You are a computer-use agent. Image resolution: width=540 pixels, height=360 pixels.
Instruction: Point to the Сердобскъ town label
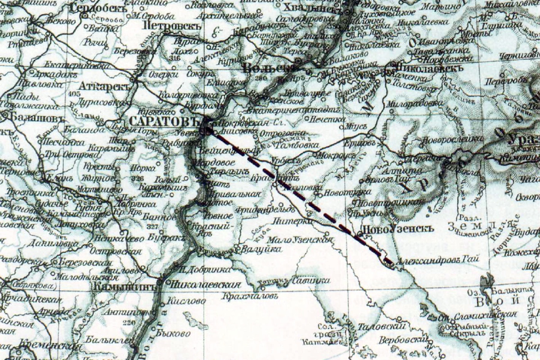click(94, 9)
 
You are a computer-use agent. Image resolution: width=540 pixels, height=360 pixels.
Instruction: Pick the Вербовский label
click(402, 340)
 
